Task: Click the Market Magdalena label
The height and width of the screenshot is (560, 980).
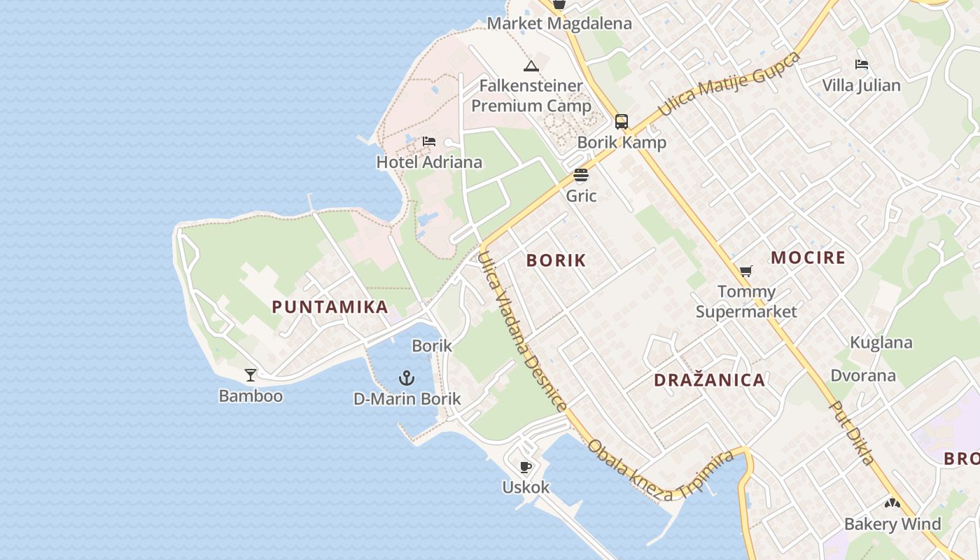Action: tap(559, 23)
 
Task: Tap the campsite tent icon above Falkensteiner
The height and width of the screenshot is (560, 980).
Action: tap(531, 66)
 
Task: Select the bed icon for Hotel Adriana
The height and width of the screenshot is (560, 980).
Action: tap(429, 142)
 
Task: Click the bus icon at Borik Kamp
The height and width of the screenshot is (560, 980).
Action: tap(622, 121)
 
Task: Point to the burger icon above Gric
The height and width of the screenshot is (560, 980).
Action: tap(581, 175)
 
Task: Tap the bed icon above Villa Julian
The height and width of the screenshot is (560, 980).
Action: tap(862, 65)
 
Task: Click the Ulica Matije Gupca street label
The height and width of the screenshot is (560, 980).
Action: tap(729, 84)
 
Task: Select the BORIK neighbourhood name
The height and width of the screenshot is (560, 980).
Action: tap(556, 260)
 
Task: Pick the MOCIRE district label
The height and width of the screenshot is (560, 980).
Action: tap(808, 258)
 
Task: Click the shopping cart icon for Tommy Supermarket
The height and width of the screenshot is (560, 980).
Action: tap(746, 271)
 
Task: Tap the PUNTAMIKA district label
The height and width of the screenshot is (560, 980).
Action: tap(330, 307)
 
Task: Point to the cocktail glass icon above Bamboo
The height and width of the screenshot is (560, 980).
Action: tap(251, 375)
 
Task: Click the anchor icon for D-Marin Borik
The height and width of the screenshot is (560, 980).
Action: tap(407, 379)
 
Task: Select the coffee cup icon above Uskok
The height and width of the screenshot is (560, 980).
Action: tap(526, 467)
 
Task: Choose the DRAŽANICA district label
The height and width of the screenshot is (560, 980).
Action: tap(709, 380)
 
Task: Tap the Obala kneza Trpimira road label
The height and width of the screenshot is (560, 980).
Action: tap(661, 470)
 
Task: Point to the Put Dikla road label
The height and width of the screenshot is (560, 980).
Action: tap(852, 432)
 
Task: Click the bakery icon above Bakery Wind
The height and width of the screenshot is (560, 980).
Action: tap(892, 503)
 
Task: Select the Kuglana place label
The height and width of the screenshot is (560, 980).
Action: tap(881, 342)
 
